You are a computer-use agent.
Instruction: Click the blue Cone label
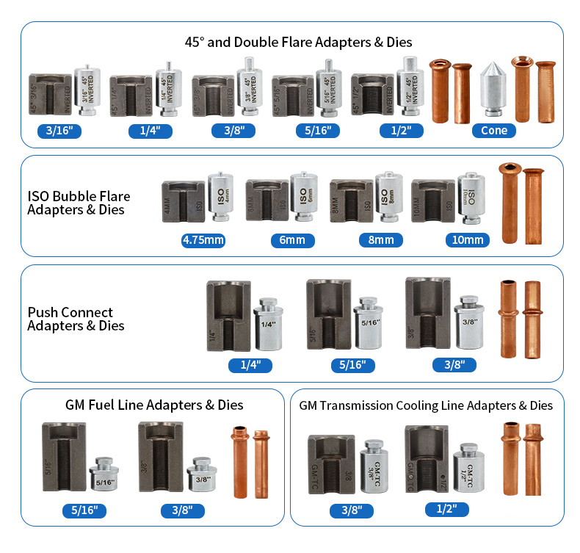[x=493, y=131]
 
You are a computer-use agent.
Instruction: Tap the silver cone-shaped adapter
[x=491, y=90]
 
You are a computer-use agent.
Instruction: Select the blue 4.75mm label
[x=203, y=240]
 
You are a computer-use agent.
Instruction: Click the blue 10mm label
[x=467, y=240]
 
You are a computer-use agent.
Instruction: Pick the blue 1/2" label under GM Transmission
[x=446, y=509]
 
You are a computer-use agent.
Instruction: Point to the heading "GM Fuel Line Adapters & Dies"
[x=153, y=405]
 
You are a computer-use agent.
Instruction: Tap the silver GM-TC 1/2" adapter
[x=468, y=467]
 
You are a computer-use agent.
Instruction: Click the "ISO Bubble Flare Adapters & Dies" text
[x=79, y=203]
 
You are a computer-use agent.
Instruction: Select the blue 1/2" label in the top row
[x=401, y=131]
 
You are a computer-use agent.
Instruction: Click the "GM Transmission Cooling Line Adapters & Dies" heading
[x=426, y=405]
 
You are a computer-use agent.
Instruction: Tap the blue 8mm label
[x=381, y=240]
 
